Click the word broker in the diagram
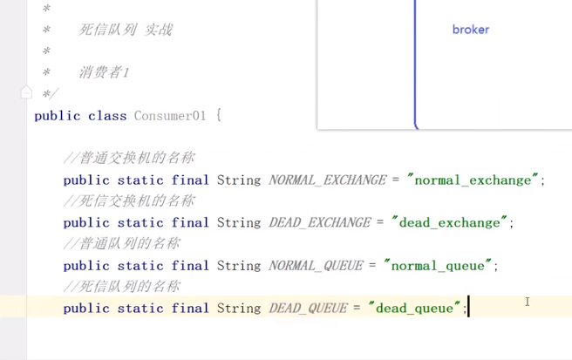click(x=470, y=30)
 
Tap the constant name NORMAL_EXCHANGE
click(x=327, y=180)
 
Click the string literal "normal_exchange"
click(x=473, y=180)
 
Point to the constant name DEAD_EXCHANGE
click(x=321, y=223)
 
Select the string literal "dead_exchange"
click(x=451, y=223)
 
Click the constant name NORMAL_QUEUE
click(x=316, y=266)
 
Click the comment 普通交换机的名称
click(x=130, y=159)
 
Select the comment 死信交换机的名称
click(x=130, y=201)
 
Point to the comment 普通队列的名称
click(x=123, y=244)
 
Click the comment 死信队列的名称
click(x=123, y=287)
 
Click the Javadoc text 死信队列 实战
click(x=126, y=30)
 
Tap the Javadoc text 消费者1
click(x=105, y=72)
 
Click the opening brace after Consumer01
click(x=219, y=116)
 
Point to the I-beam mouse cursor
click(x=528, y=302)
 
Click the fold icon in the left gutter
click(x=26, y=92)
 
